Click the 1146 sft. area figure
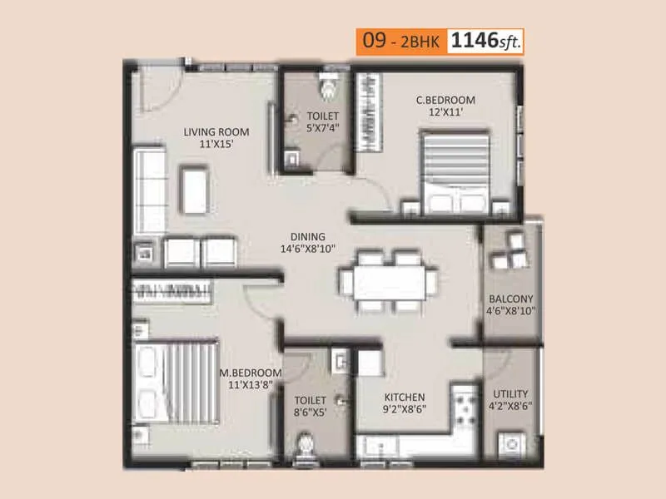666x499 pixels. click(487, 41)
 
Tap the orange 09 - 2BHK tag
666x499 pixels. click(400, 41)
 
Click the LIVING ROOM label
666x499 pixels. click(216, 131)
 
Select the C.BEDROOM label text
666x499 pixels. click(445, 101)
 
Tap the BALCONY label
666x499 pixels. click(511, 299)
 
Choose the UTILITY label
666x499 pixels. click(510, 393)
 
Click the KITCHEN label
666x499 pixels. click(405, 397)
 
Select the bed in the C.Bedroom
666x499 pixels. click(456, 175)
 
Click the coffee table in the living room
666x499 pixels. click(195, 189)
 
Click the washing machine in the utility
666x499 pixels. click(510, 442)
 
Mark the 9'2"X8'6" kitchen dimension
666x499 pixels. click(405, 409)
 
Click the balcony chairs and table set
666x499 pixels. click(510, 249)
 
